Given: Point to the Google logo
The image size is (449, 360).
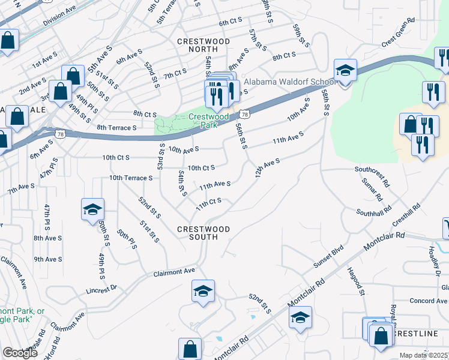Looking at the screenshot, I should [x=20, y=353].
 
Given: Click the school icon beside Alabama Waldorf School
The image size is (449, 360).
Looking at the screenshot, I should [x=345, y=71].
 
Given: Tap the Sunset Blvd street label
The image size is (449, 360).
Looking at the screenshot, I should [x=328, y=257].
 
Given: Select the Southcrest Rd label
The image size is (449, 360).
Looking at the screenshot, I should [x=372, y=169].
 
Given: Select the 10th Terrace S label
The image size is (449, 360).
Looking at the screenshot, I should [x=131, y=178].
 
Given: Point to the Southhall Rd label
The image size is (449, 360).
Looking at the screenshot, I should [x=373, y=212].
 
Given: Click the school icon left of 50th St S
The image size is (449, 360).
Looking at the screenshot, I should [x=92, y=211].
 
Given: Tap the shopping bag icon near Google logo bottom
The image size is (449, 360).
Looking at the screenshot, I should [x=190, y=350].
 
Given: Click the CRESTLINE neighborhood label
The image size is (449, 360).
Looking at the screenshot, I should [x=414, y=332].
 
